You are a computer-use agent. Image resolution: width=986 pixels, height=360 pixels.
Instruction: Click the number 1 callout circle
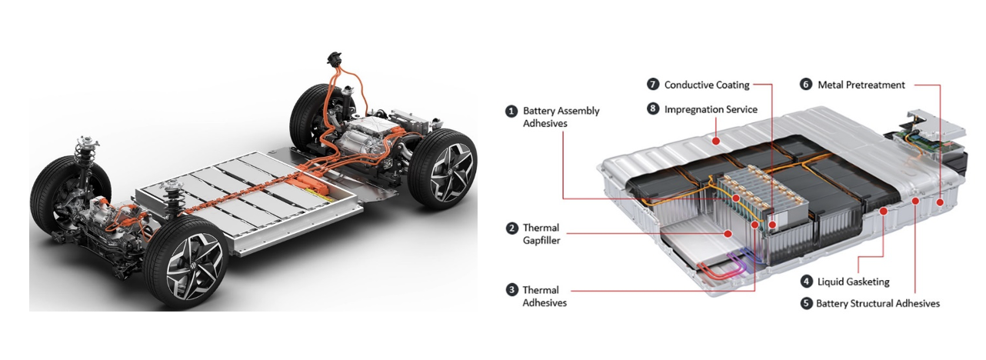point(511,112)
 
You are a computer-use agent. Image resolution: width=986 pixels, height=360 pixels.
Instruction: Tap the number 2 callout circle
point(511,228)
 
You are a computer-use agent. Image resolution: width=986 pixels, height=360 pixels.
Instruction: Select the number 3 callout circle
point(511,290)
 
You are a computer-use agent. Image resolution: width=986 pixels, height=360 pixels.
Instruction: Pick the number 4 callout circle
point(807,282)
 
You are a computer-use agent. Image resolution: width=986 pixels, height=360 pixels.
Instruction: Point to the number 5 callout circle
point(807,303)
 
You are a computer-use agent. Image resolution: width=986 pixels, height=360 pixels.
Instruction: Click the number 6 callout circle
point(806,85)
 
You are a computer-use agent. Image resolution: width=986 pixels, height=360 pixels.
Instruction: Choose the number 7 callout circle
point(653,85)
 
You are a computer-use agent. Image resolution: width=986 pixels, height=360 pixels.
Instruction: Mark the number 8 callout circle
point(653,109)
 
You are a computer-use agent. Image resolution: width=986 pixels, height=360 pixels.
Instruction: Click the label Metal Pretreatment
point(861,85)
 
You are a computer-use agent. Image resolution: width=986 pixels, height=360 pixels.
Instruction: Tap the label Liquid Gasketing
point(853,282)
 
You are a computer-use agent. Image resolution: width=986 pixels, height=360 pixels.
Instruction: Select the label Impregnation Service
point(711,109)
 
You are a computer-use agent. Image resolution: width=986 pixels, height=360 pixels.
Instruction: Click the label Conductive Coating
point(706,85)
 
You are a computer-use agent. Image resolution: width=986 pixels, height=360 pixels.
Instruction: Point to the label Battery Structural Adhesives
point(878,303)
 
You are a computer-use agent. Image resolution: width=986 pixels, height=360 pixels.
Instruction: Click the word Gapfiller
point(541,241)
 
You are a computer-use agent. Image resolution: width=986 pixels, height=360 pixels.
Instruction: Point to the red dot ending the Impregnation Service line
point(716,140)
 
